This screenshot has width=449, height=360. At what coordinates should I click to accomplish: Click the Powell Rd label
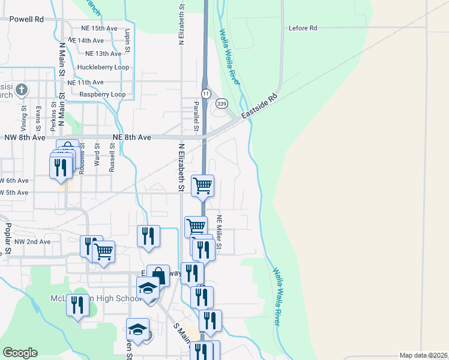coord(26,19)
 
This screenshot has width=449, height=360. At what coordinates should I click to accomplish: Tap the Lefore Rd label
coord(302,28)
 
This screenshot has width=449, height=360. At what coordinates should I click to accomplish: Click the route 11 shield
coord(205,94)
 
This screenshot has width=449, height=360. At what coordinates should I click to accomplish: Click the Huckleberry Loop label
coord(103,67)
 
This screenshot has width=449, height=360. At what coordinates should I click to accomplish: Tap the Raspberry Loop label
coord(102,94)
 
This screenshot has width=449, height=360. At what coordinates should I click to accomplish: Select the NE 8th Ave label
coord(131,137)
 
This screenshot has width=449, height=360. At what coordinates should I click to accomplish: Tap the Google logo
coord(20,353)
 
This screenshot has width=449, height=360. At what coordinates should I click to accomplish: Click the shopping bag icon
coord(158,276)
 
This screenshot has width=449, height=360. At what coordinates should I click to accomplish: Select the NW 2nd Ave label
coord(32,241)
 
